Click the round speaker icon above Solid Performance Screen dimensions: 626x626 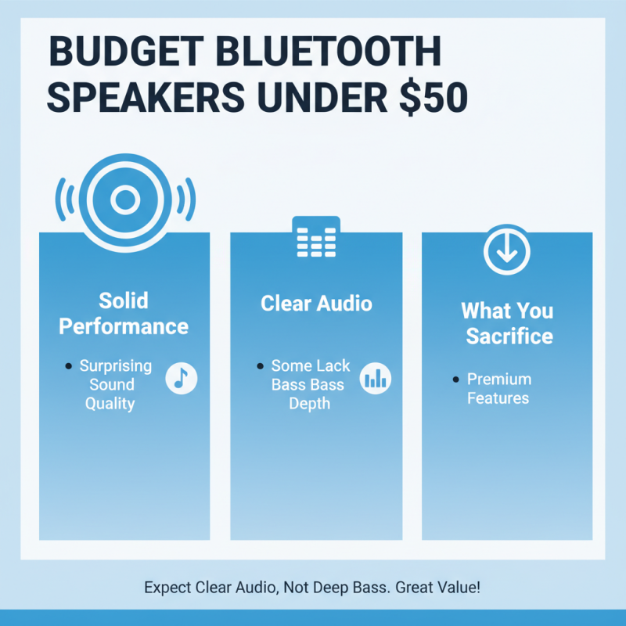[124, 200]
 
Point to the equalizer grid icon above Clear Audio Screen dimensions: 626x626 [315, 239]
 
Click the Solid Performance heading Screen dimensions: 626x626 [124, 313]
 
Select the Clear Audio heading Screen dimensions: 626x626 [316, 303]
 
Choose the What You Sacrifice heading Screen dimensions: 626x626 [507, 323]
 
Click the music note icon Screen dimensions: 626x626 [182, 379]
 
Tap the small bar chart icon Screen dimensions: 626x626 [375, 379]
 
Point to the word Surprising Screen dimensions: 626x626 [116, 365]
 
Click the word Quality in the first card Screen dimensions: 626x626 [110, 404]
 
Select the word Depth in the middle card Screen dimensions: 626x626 [310, 404]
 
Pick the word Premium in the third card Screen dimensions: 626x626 [499, 379]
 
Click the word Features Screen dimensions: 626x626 [498, 398]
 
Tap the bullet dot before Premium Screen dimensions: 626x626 [455, 380]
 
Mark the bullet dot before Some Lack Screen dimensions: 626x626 [259, 366]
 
